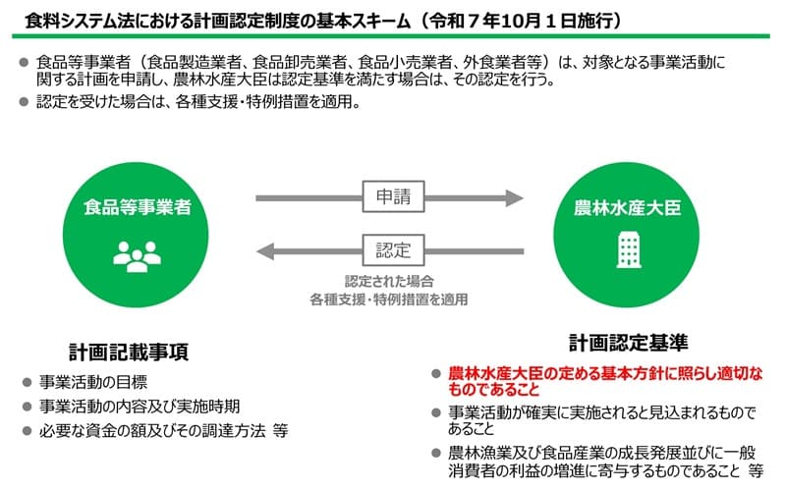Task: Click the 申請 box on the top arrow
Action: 394,196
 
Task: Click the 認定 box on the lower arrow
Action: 394,250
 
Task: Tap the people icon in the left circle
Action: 137,256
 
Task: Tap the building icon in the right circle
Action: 629,249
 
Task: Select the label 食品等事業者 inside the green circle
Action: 138,207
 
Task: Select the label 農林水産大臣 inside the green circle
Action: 628,207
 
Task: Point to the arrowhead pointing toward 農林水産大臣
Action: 514,198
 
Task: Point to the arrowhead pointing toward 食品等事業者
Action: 265,251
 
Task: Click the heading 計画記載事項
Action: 129,353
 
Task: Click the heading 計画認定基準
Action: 629,343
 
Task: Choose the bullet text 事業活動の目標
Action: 93,382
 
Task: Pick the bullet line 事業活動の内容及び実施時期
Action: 140,407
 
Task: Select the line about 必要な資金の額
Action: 163,431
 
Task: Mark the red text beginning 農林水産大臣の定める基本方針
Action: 605,381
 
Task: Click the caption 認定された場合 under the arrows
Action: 389,281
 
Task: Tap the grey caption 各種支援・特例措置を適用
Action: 389,300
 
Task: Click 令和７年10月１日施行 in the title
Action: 521,21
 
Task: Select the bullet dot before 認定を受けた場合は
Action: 24,102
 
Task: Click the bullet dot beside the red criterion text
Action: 436,374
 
